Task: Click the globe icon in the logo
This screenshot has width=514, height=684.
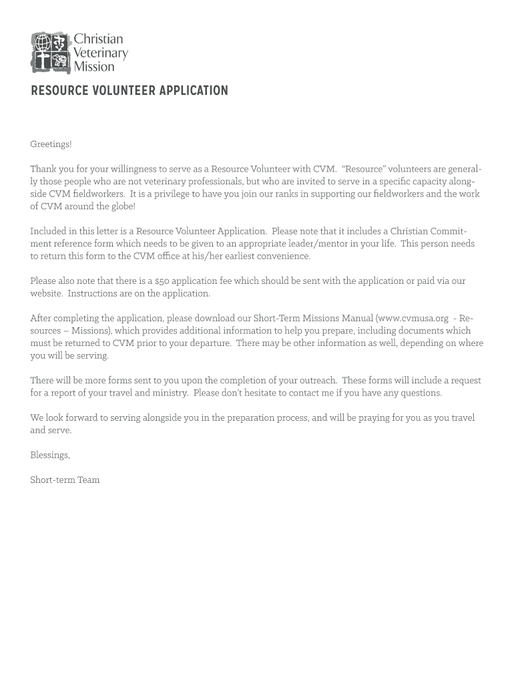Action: point(42,43)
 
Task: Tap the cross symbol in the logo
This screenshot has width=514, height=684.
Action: point(42,62)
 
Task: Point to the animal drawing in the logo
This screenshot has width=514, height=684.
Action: point(61,62)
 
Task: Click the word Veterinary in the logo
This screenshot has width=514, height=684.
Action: point(100,53)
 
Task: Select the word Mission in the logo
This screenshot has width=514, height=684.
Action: point(93,66)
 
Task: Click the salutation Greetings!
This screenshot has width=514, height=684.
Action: point(51,144)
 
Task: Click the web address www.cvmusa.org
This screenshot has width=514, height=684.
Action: point(413,319)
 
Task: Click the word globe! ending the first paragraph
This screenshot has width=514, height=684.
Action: point(121,206)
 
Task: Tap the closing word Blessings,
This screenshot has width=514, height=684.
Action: point(50,456)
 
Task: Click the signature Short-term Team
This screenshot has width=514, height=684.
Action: point(65,480)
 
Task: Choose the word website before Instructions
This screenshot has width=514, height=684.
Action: point(46,294)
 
